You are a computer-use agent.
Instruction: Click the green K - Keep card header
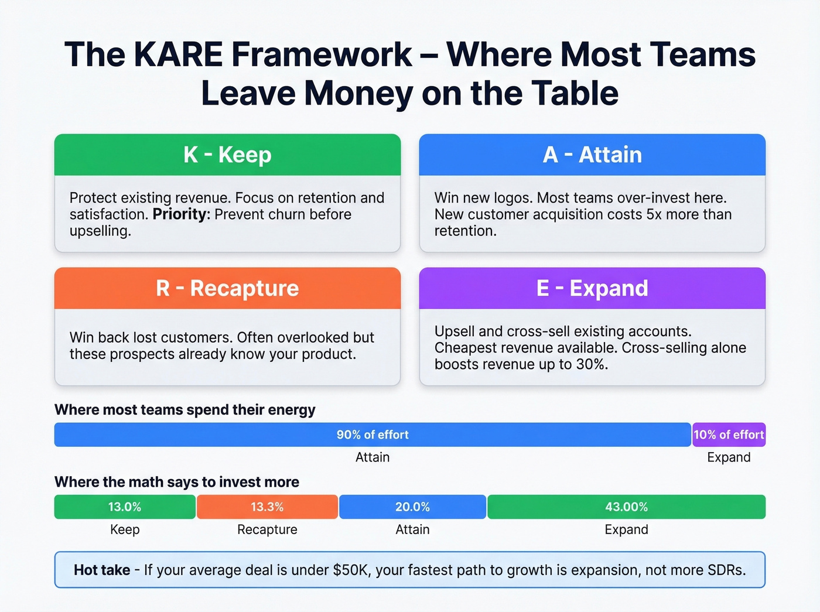coord(227,155)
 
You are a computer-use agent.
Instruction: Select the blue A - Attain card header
coord(592,155)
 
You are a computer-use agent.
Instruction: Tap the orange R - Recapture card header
coord(227,288)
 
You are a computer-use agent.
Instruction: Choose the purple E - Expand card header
coord(592,288)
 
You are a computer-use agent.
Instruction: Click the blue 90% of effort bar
coord(373,435)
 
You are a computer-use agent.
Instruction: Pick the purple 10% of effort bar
coord(729,435)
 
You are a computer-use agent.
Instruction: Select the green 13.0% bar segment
coord(125,507)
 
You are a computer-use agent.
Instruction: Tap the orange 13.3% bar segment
coord(267,507)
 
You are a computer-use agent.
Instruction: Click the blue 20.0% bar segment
coord(412,507)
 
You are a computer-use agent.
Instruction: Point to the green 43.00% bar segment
coord(626,507)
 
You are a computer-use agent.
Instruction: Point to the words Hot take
coord(102,570)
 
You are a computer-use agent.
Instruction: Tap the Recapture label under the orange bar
coord(267,529)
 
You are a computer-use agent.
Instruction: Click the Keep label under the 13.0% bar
coord(125,529)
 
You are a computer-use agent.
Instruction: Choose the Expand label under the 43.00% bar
coord(626,529)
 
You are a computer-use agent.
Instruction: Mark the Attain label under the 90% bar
coord(373,457)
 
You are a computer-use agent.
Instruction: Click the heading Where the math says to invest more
coord(177,482)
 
